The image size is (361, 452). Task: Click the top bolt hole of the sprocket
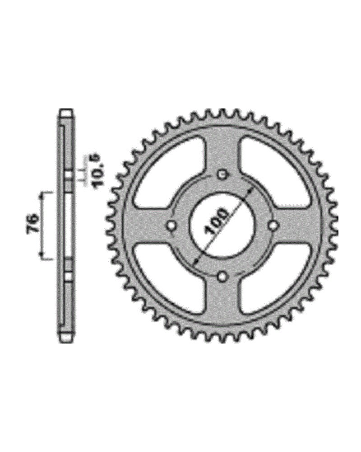pos(222,174)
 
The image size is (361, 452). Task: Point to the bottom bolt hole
pos(222,276)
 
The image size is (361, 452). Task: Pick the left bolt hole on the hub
pos(172,225)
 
